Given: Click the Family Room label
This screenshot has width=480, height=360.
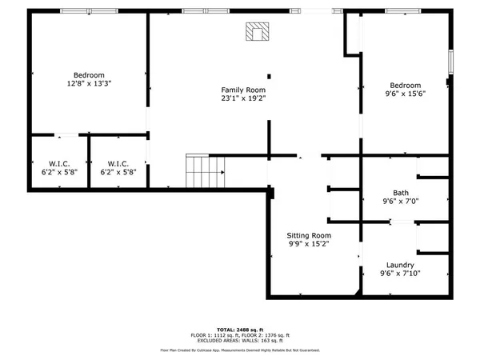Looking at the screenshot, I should pyautogui.click(x=243, y=90).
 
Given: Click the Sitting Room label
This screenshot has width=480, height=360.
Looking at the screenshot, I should pyautogui.click(x=308, y=235).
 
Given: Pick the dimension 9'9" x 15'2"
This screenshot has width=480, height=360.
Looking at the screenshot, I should pyautogui.click(x=308, y=245).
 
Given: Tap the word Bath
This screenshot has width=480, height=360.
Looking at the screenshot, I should pyautogui.click(x=400, y=192).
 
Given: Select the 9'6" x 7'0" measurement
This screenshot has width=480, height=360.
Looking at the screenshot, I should pyautogui.click(x=400, y=202).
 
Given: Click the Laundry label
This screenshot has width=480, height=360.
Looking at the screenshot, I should pyautogui.click(x=400, y=264).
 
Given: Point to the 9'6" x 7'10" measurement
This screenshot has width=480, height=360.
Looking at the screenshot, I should pyautogui.click(x=400, y=274).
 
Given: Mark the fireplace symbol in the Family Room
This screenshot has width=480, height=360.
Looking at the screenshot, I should pyautogui.click(x=258, y=31).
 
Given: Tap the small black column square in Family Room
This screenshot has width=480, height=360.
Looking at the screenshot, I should pyautogui.click(x=269, y=76).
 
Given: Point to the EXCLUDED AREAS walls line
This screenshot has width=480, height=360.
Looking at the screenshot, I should pyautogui.click(x=240, y=340).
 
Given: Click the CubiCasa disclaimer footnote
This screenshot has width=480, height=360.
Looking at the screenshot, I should pyautogui.click(x=240, y=350).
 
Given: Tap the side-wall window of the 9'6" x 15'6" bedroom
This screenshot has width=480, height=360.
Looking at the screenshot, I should pyautogui.click(x=451, y=62).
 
